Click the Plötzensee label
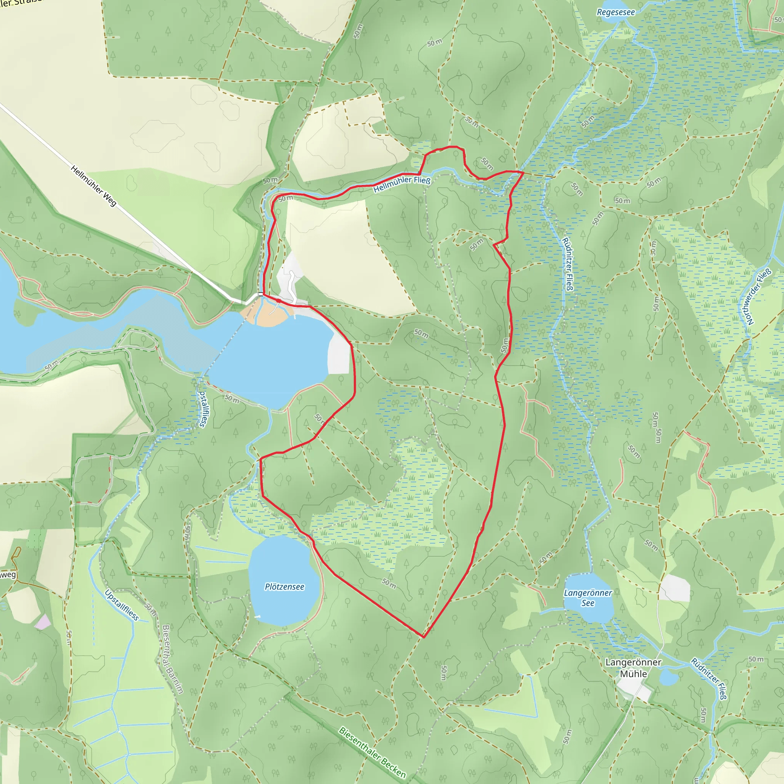[x=284, y=587]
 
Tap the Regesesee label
[x=616, y=13]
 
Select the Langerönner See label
[x=588, y=598]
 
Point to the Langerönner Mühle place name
[x=633, y=668]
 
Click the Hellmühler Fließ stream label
[x=402, y=184]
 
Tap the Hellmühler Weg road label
[x=93, y=185]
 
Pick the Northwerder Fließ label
[x=758, y=297]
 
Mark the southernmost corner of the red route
[x=423, y=637]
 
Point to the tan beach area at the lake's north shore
[x=266, y=315]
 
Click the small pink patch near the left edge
[x=42, y=622]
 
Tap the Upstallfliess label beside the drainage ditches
[x=122, y=605]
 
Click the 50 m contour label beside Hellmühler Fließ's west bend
[x=270, y=181]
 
